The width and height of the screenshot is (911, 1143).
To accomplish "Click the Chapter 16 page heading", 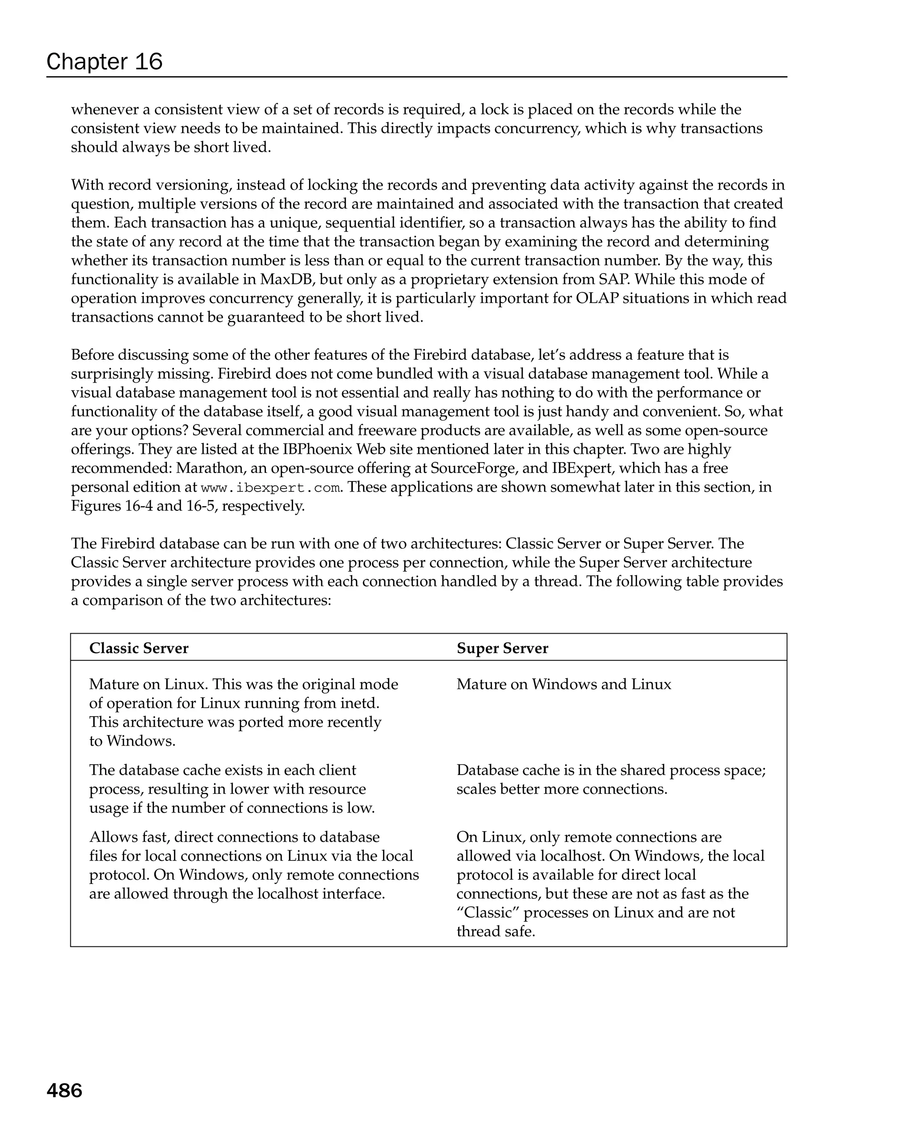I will click(x=105, y=62).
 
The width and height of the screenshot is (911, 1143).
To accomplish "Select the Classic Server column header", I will click(x=139, y=648).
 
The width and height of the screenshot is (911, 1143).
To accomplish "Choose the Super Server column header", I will click(x=502, y=648).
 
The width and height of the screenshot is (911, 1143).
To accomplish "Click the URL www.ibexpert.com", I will click(x=270, y=488).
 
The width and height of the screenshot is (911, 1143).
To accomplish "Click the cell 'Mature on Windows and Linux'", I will click(x=563, y=684).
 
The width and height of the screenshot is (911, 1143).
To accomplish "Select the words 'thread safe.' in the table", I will click(x=496, y=932).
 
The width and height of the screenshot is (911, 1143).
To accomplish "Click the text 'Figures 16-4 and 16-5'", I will click(x=144, y=506).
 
